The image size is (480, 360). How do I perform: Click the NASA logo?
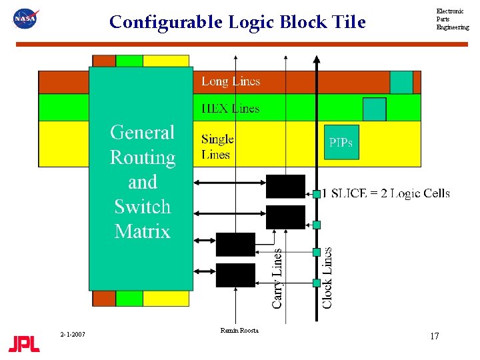click(x=26, y=19)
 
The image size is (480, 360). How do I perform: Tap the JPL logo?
click(x=24, y=344)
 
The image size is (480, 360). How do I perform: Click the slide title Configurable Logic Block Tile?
click(x=237, y=22)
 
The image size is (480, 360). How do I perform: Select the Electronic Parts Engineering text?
click(x=452, y=19)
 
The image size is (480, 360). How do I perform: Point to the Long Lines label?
click(x=231, y=81)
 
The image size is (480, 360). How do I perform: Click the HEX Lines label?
click(x=231, y=108)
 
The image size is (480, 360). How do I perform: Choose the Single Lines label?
click(x=217, y=147)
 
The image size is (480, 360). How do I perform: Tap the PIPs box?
click(x=341, y=142)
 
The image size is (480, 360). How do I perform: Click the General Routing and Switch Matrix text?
click(x=142, y=182)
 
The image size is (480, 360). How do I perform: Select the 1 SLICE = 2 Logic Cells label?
click(x=386, y=193)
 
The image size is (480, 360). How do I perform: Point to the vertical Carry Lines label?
click(x=277, y=279)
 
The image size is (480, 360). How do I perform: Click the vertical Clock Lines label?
click(x=327, y=277)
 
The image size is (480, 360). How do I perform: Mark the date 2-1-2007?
click(x=71, y=334)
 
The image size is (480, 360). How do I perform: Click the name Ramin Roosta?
click(x=239, y=331)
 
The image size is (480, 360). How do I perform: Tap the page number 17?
click(x=434, y=336)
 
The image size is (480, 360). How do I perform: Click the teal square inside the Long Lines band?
click(x=401, y=82)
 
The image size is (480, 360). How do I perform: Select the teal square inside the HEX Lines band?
click(x=374, y=109)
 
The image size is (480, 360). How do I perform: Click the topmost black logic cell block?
click(x=285, y=187)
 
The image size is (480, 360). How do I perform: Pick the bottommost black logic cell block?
click(x=235, y=275)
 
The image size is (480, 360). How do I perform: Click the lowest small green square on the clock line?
click(x=317, y=283)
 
